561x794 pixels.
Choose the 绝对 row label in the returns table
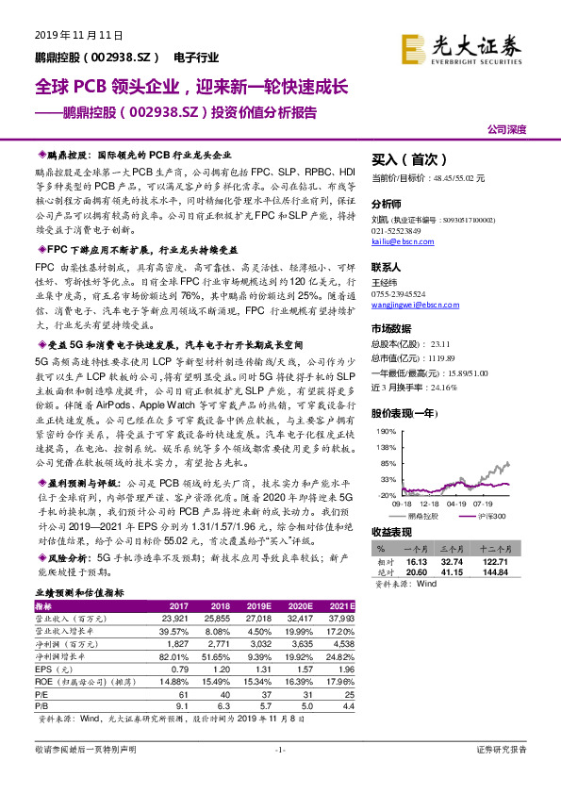[383, 571]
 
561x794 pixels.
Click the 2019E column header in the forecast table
[258, 605]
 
